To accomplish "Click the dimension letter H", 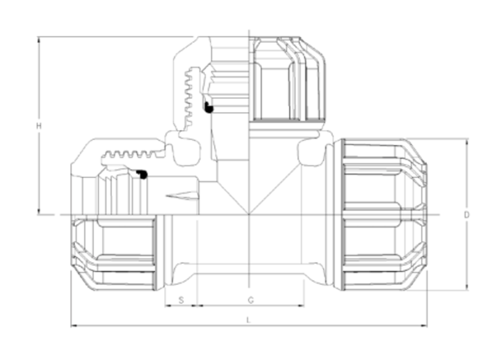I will pos(39,126).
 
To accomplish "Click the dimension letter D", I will pos(467,215).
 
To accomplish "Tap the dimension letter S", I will pos(181,300).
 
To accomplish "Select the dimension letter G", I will pos(250,300).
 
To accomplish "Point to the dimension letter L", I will pos(249,320).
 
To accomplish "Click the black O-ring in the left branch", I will pos(142,174).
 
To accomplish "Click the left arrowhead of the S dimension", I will pos(167,306).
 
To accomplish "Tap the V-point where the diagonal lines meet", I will pos(249,214).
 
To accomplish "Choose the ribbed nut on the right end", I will pos(383,215).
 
